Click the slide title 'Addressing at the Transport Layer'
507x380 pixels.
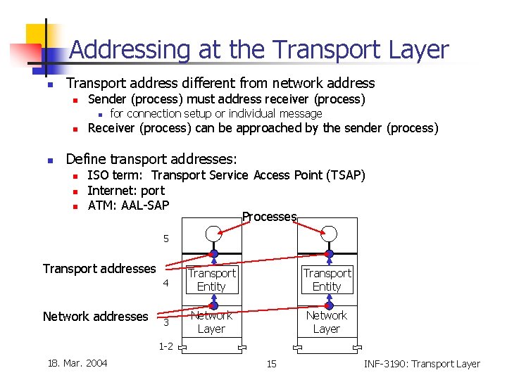[x=258, y=49]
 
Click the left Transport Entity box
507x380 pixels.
[x=211, y=279]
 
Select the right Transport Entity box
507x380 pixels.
[x=327, y=279]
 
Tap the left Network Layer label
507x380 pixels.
[x=211, y=322]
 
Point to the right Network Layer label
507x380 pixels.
[x=327, y=322]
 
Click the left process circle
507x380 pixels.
[x=213, y=234]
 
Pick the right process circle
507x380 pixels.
[x=329, y=234]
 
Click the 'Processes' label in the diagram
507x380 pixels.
[x=269, y=217]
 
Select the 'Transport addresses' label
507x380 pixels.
[x=99, y=268]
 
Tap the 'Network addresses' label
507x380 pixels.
[x=95, y=317]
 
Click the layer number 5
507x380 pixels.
[x=166, y=239]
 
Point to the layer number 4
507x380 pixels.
[x=166, y=284]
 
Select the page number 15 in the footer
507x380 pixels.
[x=271, y=364]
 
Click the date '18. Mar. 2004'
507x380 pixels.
[x=77, y=363]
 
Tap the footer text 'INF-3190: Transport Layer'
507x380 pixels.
[x=421, y=364]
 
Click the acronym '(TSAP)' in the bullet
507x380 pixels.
[x=343, y=175]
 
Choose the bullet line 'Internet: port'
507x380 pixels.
[x=126, y=191]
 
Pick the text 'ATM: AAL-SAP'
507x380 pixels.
[x=128, y=205]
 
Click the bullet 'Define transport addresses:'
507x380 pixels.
[x=151, y=159]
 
